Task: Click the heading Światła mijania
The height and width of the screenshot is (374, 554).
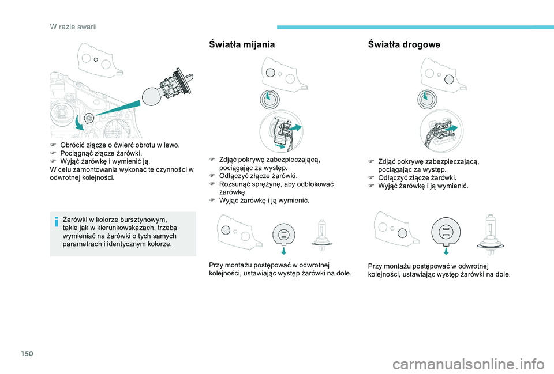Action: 242,44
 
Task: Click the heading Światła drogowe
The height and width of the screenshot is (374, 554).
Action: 404,44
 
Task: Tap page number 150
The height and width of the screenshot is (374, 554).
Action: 27,353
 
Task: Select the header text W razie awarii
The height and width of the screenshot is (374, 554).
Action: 73,27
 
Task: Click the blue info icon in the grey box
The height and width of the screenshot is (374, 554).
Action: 57,222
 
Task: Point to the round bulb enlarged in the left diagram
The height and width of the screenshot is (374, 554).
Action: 151,97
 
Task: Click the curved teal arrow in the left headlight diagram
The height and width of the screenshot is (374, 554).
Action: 79,123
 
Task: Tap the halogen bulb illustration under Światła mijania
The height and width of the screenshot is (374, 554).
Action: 321,235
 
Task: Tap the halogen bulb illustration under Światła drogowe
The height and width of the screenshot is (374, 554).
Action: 490,235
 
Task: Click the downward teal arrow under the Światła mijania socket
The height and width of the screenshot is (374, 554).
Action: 284,250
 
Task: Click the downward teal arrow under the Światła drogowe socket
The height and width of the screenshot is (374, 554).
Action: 446,251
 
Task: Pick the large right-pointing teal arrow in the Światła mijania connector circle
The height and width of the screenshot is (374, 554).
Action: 295,128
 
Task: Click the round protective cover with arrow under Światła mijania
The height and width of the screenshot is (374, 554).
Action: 270,100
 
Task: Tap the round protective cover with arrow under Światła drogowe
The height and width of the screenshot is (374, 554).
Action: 427,100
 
